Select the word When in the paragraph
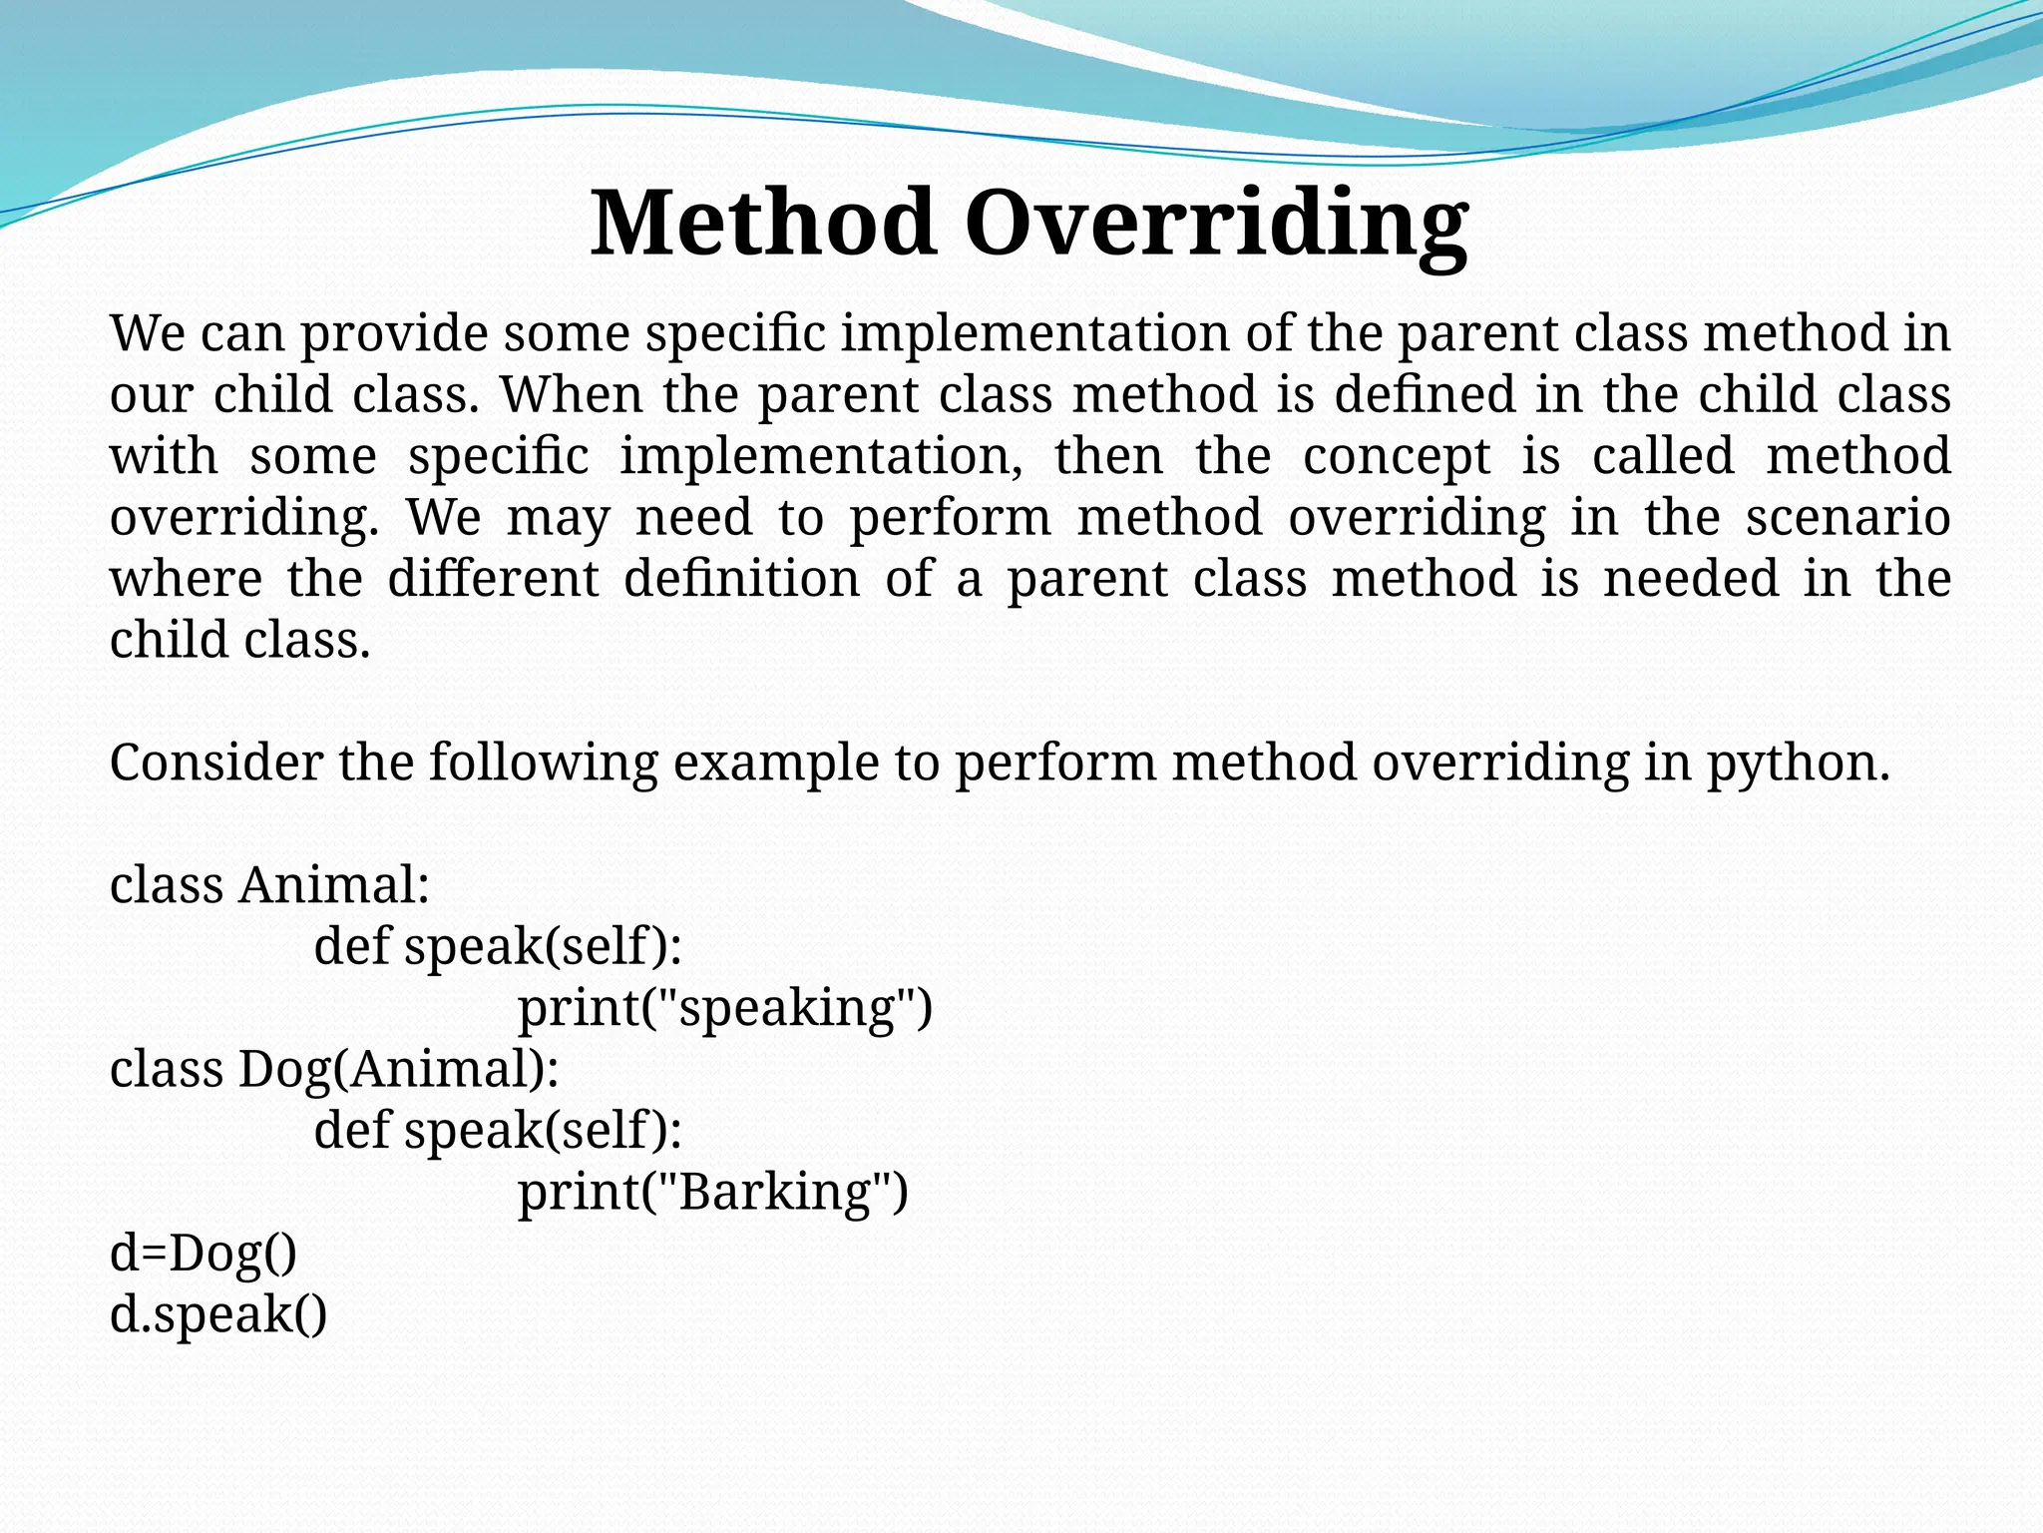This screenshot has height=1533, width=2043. click(571, 394)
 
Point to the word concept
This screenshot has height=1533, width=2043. click(1397, 457)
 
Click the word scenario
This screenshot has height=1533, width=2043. click(1847, 517)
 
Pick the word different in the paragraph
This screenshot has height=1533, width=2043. click(493, 579)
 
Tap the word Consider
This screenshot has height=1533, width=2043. click(215, 763)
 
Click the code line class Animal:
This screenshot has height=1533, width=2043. click(269, 885)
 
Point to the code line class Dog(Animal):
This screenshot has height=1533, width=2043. click(334, 1069)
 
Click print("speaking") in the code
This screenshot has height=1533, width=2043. click(725, 1008)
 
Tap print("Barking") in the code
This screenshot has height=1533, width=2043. click(713, 1192)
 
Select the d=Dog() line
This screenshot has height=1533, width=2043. click(204, 1253)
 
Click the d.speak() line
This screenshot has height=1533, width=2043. click(218, 1314)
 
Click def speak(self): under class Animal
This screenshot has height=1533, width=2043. click(498, 946)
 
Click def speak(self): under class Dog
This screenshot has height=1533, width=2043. click(498, 1130)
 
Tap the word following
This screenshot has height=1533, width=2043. click(544, 765)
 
